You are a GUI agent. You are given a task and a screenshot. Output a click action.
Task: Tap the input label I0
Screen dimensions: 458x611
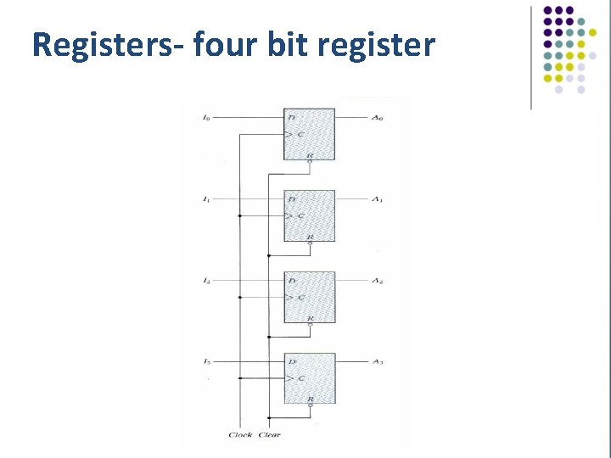(x=206, y=117)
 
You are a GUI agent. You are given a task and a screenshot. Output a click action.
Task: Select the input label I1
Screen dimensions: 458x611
(x=206, y=198)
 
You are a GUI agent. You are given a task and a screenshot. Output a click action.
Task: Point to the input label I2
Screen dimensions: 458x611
(x=206, y=280)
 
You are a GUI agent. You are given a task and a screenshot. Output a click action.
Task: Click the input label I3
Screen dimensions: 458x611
(x=206, y=361)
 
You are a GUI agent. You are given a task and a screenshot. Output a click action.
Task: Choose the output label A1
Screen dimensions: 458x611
(x=378, y=198)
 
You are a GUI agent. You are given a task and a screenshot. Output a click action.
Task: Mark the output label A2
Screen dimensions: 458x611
(x=378, y=280)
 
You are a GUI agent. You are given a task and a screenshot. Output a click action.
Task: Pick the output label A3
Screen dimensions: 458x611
(x=378, y=361)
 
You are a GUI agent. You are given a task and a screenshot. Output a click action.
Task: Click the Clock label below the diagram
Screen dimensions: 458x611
(x=240, y=435)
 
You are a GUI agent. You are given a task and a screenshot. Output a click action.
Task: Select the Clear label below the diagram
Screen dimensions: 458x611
(x=269, y=435)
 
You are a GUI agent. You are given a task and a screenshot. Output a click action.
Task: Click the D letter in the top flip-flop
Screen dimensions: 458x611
(x=292, y=117)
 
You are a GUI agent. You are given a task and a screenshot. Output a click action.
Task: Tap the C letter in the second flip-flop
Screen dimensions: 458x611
(x=300, y=215)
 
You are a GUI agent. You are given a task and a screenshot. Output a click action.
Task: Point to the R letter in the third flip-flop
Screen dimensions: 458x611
(x=310, y=317)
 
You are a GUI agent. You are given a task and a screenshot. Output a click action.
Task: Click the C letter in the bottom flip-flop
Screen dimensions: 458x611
(x=300, y=378)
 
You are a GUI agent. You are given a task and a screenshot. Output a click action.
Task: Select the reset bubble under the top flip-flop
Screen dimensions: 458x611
(x=310, y=162)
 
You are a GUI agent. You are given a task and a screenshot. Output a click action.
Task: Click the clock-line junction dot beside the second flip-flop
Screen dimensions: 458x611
(x=240, y=215)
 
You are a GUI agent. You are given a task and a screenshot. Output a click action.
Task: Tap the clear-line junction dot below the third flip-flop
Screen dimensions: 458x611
(x=268, y=336)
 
